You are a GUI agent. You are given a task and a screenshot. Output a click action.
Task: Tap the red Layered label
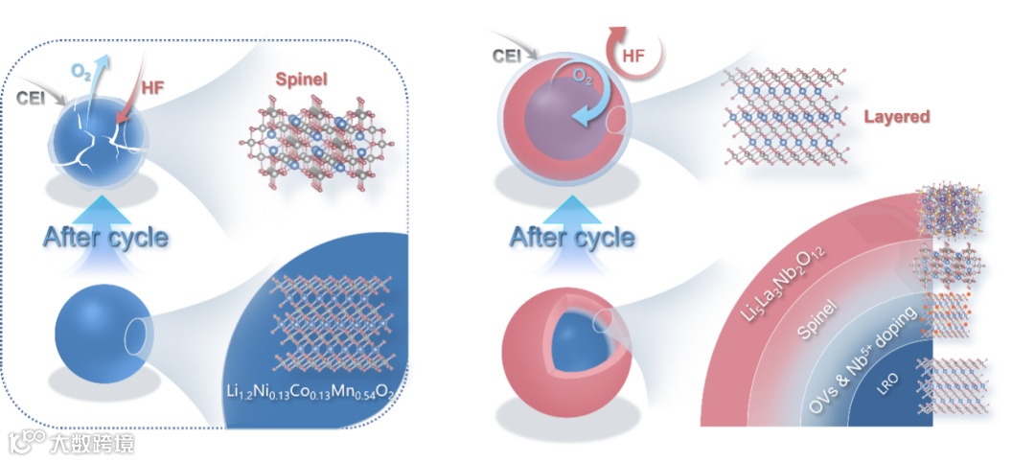[897, 117]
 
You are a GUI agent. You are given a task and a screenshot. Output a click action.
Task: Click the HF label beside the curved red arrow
[633, 57]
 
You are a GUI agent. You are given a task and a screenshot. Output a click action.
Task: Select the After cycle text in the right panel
[572, 236]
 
